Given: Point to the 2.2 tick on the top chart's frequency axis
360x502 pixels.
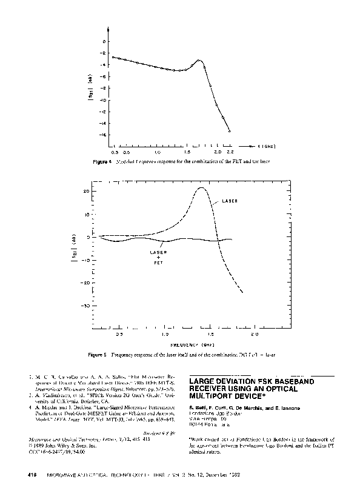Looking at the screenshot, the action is (230, 152).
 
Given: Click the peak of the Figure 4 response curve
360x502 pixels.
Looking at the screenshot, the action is (199, 61).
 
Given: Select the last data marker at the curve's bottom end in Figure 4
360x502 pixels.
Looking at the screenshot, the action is (230, 130).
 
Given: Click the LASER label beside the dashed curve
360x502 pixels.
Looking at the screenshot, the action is (230, 201).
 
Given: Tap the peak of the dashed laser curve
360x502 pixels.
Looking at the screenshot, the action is (202, 188).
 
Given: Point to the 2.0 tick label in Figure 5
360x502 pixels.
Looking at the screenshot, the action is (255, 334).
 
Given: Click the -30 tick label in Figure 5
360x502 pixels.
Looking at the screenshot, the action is (86, 306).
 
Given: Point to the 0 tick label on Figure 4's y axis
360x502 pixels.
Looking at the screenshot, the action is (105, 41).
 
